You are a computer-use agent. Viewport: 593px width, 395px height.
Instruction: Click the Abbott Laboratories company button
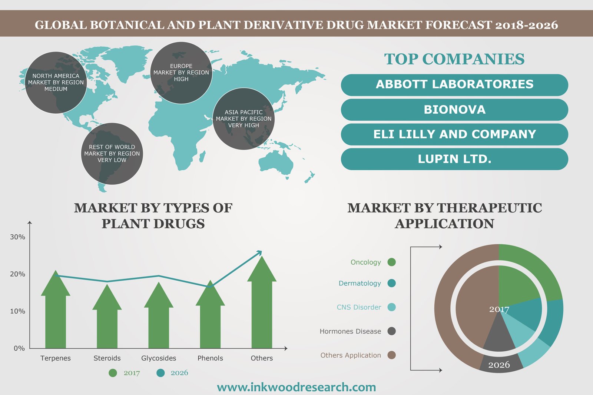(454, 85)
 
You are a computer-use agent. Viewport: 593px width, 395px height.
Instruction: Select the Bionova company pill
(454, 110)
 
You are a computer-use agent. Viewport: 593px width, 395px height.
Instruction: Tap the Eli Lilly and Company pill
(454, 134)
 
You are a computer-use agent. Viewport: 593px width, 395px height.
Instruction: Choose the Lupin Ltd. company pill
(454, 159)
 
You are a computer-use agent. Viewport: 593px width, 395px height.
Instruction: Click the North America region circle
(56, 83)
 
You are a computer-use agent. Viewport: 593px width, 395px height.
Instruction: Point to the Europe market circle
(181, 73)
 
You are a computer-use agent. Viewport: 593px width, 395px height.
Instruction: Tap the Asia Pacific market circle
(244, 119)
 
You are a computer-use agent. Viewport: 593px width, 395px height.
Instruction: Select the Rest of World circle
(112, 154)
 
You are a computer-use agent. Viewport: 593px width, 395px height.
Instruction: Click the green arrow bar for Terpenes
(56, 309)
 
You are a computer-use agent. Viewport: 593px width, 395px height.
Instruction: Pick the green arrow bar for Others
(262, 302)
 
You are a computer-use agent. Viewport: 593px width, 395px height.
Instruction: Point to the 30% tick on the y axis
(18, 237)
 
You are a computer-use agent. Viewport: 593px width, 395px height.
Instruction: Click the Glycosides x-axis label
(159, 358)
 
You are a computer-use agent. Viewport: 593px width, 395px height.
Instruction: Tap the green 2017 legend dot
(113, 373)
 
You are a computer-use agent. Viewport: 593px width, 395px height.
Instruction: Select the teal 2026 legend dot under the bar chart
(160, 373)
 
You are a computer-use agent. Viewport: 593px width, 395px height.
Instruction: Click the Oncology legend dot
(391, 262)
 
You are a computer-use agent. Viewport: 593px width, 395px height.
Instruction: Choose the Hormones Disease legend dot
(391, 331)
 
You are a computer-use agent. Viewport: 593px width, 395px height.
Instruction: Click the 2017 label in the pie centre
(499, 309)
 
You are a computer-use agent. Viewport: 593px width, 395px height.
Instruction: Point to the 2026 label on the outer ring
(499, 365)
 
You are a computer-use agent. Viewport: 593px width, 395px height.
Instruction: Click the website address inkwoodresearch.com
(296, 387)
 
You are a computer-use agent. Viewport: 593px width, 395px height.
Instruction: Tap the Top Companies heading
(454, 59)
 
